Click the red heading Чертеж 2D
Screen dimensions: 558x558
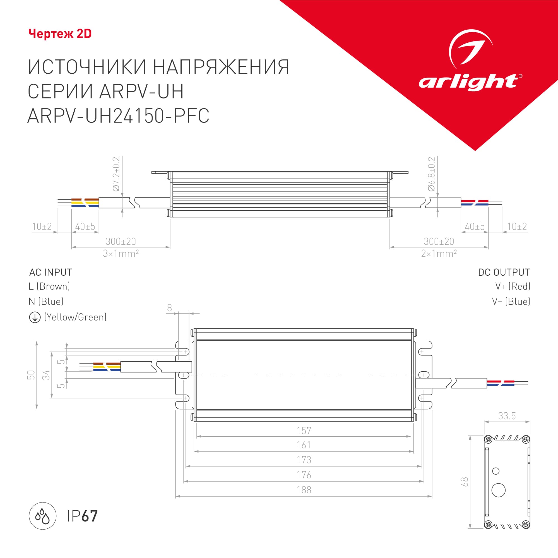[60, 34]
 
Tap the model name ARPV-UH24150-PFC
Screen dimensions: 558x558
[118, 116]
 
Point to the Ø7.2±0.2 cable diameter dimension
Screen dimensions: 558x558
[116, 174]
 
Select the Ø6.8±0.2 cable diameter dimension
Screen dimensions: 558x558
[432, 174]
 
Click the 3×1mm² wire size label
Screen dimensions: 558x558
[121, 254]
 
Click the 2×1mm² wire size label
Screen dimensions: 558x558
[439, 254]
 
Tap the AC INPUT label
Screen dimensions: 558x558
[50, 272]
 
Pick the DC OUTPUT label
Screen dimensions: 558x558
[504, 272]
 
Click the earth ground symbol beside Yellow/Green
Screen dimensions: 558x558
[35, 318]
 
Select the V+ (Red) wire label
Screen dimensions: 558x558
[513, 286]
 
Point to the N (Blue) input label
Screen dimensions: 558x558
[46, 302]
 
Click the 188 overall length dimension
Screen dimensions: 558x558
[304, 490]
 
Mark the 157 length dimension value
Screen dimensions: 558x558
[304, 430]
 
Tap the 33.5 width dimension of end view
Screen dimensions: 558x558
[507, 416]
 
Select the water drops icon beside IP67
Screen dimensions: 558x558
[42, 516]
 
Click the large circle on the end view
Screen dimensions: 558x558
[499, 490]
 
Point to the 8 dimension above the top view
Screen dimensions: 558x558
[170, 308]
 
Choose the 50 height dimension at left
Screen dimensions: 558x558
[31, 375]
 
